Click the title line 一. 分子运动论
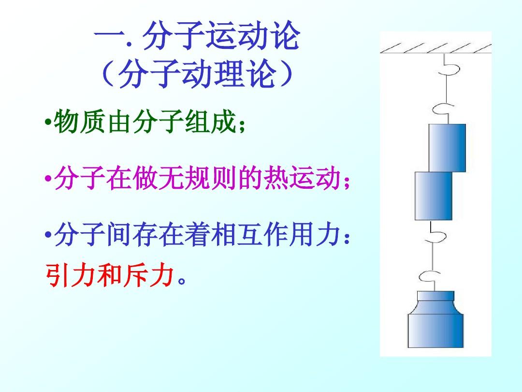pyautogui.click(x=197, y=36)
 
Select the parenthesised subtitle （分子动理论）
pyautogui.click(x=197, y=74)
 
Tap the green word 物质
pyautogui.click(x=80, y=121)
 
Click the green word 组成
pyautogui.click(x=211, y=121)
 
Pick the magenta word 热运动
pyautogui.click(x=302, y=178)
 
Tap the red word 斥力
pyautogui.click(x=149, y=275)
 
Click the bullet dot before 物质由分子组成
pyautogui.click(x=48, y=121)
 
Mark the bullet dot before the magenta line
pyautogui.click(x=48, y=178)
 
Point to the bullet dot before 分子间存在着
pyautogui.click(x=48, y=235)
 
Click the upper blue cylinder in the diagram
pyautogui.click(x=447, y=148)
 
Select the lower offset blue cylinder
pyautogui.click(x=434, y=196)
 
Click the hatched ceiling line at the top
pyautogui.click(x=436, y=49)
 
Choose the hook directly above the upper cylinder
pyautogui.click(x=443, y=109)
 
